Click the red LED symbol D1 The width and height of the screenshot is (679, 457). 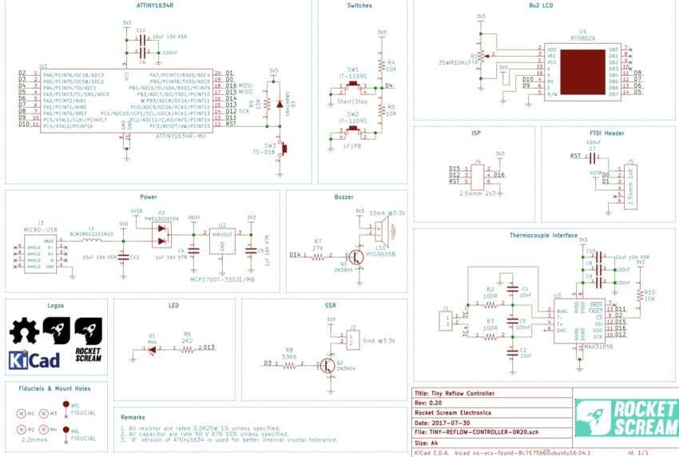point(153,348)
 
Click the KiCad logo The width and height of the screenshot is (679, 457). point(34,360)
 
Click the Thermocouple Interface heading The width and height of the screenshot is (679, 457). point(543,236)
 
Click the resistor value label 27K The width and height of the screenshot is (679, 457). point(318,248)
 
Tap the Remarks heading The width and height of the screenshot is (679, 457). point(133,416)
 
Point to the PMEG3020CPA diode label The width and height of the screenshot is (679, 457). point(161,217)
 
